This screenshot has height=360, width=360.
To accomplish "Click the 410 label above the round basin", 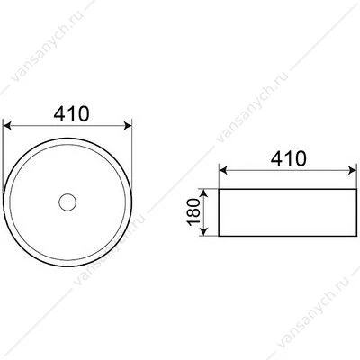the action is (x=71, y=113).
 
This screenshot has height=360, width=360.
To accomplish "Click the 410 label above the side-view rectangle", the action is (x=288, y=158).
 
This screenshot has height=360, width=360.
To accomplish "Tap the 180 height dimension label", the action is (x=193, y=211).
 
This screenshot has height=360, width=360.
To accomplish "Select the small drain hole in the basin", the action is (x=67, y=202).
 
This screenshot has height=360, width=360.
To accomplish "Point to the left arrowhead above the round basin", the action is (x=6, y=126).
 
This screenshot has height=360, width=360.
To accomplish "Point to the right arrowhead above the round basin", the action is (x=128, y=126).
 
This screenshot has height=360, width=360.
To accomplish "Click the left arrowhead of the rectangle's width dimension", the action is (x=223, y=171).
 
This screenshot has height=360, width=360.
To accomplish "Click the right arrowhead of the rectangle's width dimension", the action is (x=352, y=171).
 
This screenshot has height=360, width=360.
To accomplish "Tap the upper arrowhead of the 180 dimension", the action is (x=204, y=193).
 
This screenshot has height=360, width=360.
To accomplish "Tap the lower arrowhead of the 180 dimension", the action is (x=204, y=232).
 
